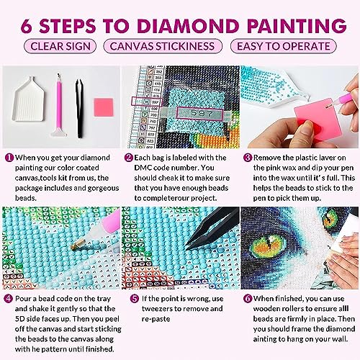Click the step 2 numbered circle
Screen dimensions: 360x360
point(129,157)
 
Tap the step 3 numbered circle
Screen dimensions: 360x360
point(247,157)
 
